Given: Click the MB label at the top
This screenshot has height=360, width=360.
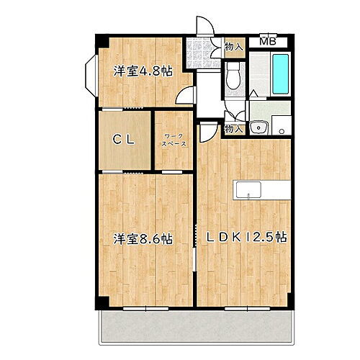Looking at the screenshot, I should click(267, 41).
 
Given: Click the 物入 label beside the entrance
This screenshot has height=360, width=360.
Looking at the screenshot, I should click(233, 45).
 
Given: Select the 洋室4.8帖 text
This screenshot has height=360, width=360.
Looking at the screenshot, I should click(142, 71).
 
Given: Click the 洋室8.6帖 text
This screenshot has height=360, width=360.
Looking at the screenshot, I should click(142, 237).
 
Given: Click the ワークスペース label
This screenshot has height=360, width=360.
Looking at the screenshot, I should click(175, 140).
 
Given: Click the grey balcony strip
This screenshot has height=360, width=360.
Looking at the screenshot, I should click(194, 328).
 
